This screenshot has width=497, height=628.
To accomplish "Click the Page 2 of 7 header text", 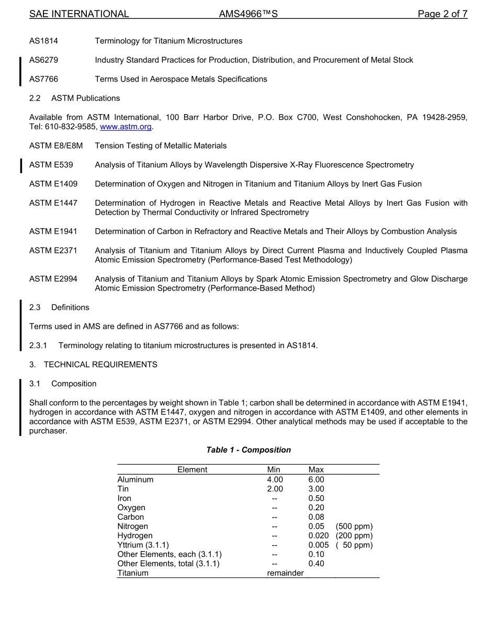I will pyautogui.click(x=442, y=14).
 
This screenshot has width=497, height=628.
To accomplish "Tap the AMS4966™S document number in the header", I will pyautogui.click(x=248, y=14).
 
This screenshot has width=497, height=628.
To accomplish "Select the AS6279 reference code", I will pyautogui.click(x=43, y=60).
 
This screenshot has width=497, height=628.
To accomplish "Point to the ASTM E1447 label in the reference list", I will pyautogui.click(x=53, y=203).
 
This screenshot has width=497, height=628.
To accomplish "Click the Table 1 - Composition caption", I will pyautogui.click(x=249, y=450).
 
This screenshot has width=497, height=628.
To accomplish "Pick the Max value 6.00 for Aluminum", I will pyautogui.click(x=316, y=479).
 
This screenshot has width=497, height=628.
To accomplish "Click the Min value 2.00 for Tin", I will pyautogui.click(x=275, y=489).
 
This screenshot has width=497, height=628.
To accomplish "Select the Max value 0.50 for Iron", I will pyautogui.click(x=316, y=498).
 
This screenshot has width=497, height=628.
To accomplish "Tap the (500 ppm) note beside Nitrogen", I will pyautogui.click(x=354, y=526).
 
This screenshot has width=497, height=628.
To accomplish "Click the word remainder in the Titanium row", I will pyautogui.click(x=285, y=573).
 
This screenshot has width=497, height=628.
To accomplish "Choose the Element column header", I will pyautogui.click(x=192, y=470).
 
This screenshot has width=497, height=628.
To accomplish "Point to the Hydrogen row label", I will pyautogui.click(x=135, y=536).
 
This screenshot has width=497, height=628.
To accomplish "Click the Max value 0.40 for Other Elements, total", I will pyautogui.click(x=316, y=564).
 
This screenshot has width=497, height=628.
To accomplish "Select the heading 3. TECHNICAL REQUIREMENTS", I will pyautogui.click(x=93, y=364).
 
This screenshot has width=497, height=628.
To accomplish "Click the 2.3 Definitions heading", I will pyautogui.click(x=59, y=307).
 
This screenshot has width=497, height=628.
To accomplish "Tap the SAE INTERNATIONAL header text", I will pyautogui.click(x=79, y=14).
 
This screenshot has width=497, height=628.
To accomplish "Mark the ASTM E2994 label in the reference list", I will pyautogui.click(x=53, y=279).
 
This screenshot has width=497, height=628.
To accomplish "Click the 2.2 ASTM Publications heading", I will pyautogui.click(x=74, y=98).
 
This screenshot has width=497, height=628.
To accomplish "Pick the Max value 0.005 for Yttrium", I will pyautogui.click(x=318, y=545).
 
